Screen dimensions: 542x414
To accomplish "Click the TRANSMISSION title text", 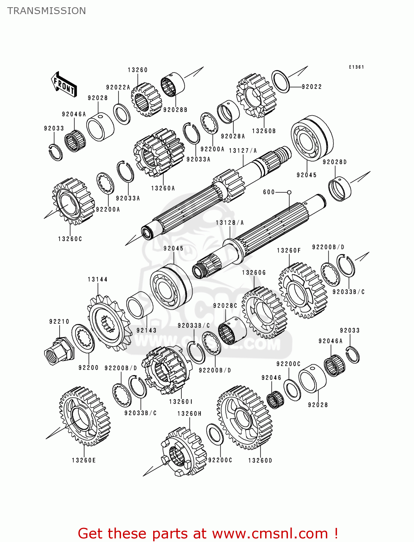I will (47, 11).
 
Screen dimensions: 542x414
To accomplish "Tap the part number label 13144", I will (98, 279).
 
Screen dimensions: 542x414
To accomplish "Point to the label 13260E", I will (84, 460).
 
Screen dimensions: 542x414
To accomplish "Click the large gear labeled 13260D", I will (245, 418).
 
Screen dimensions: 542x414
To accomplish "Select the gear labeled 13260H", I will (183, 452).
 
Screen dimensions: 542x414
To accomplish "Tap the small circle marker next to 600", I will (289, 193).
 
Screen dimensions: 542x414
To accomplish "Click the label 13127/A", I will (243, 151).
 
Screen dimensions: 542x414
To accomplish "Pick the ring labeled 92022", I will (280, 82).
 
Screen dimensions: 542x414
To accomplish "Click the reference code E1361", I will (356, 67).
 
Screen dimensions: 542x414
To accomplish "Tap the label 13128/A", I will (230, 223).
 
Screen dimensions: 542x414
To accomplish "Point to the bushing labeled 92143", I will (139, 305).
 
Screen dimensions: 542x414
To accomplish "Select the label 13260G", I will (254, 273).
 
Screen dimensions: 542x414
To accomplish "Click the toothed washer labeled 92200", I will (83, 339).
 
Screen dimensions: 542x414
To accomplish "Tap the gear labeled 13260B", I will (256, 96).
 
